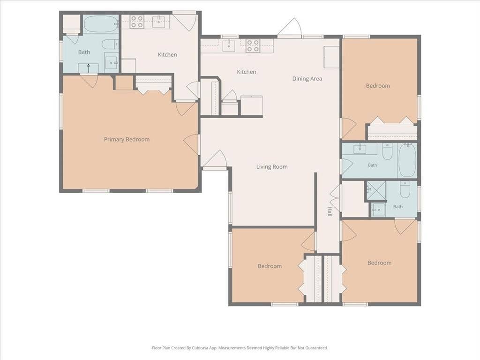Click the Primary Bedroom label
pyautogui.click(x=127, y=140)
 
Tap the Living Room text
pyautogui.click(x=272, y=167)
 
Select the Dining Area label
pyautogui.click(x=307, y=79)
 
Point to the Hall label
pyautogui.click(x=330, y=211)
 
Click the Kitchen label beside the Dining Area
pyautogui.click(x=247, y=72)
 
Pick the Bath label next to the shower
pyautogui.click(x=397, y=207)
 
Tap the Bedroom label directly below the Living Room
pyautogui.click(x=270, y=266)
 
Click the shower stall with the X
pyautogui.click(x=376, y=190)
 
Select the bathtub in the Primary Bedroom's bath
pyautogui.click(x=101, y=24)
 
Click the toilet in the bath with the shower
pyautogui.click(x=405, y=189)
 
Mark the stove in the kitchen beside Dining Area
pyautogui.click(x=253, y=45)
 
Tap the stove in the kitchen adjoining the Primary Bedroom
pyautogui.click(x=137, y=22)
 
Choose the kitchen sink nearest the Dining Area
pyautogui.click(x=229, y=45)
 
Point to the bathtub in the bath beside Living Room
pyautogui.click(x=407, y=160)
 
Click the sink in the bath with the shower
pyautogui.click(x=378, y=210)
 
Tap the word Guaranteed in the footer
pyautogui.click(x=317, y=348)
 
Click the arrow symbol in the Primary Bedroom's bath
pyautogui.click(x=89, y=68)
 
